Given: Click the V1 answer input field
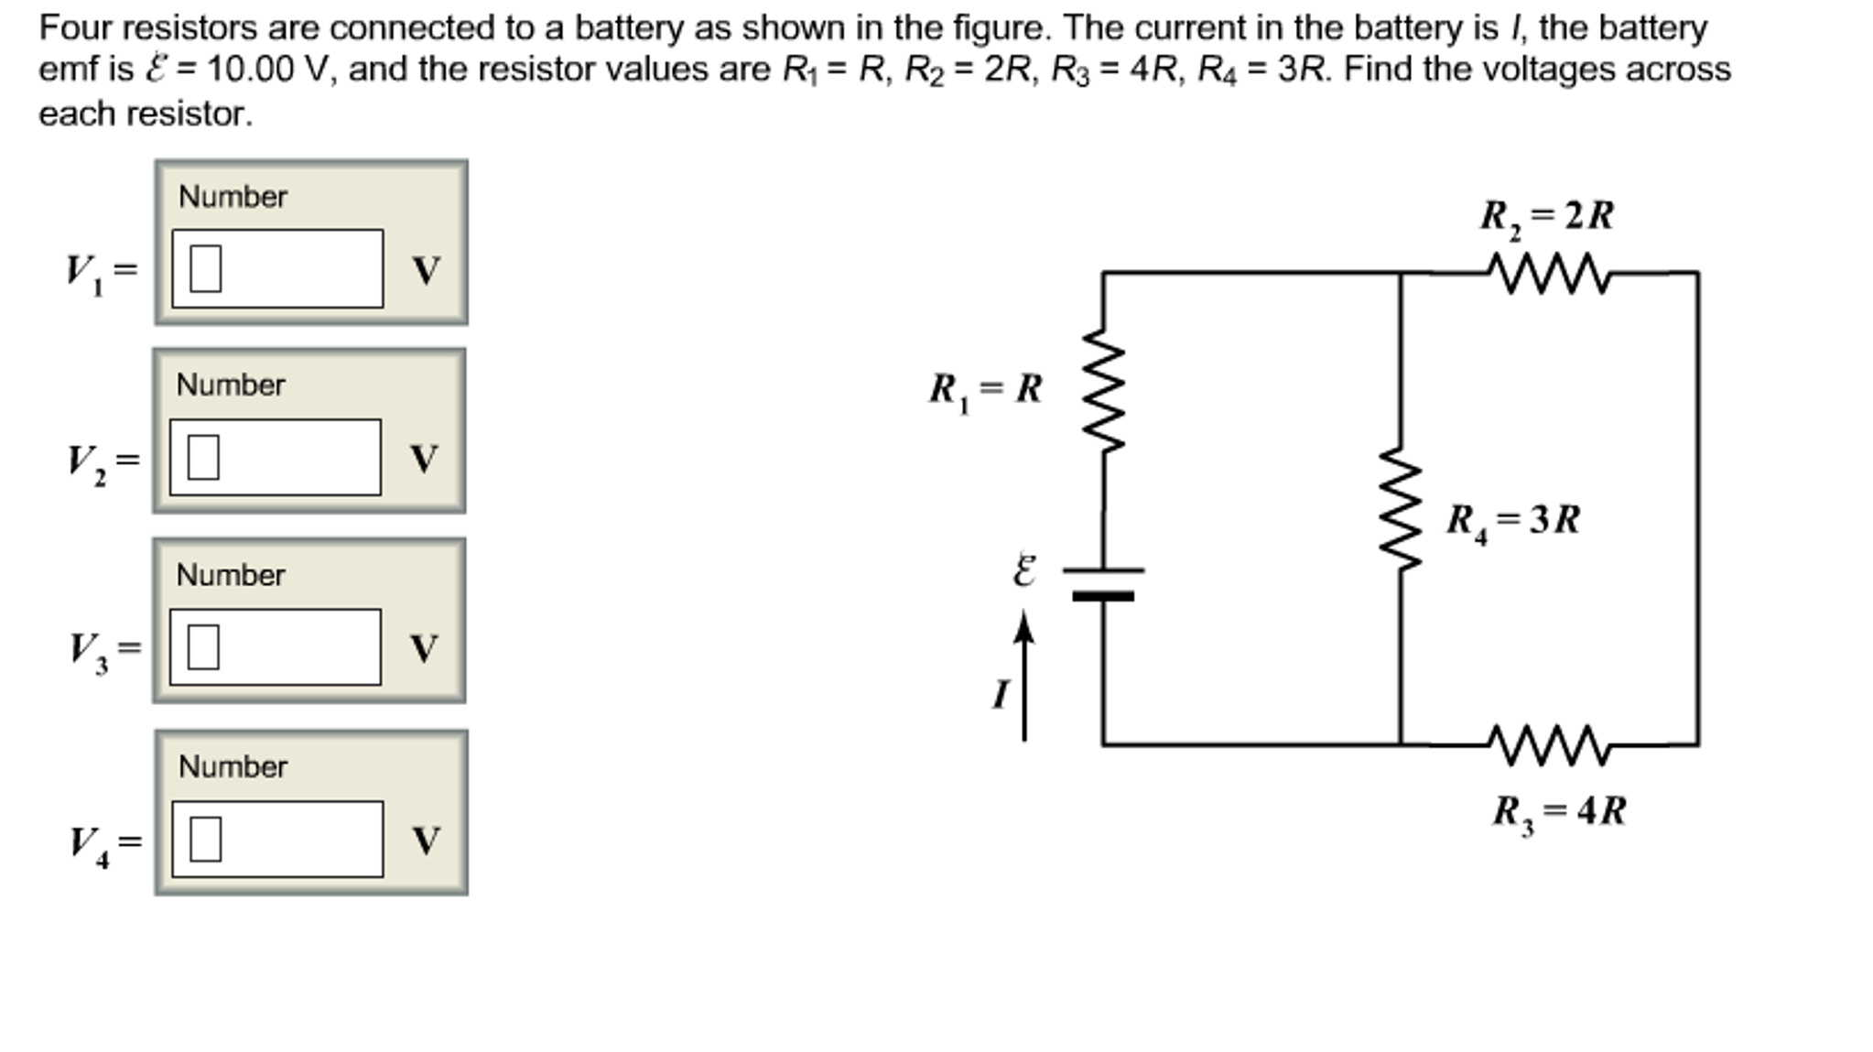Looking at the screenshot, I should click(x=277, y=268).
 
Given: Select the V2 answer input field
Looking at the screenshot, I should click(x=275, y=457).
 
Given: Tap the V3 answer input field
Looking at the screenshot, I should click(x=275, y=646).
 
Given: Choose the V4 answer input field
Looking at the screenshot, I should click(x=277, y=839).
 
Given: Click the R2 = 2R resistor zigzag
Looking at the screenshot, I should click(x=1548, y=273).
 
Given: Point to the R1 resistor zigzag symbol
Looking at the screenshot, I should click(x=1103, y=391).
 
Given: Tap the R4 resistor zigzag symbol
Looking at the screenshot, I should click(x=1401, y=508).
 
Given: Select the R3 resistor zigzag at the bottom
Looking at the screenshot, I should click(x=1548, y=745).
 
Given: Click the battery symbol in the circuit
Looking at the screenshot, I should click(x=1103, y=583).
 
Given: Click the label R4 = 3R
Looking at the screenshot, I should click(x=1512, y=520).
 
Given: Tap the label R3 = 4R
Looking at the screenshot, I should click(x=1558, y=812).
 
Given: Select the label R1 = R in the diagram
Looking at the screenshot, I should click(x=985, y=389).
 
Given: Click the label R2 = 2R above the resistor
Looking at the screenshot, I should click(x=1546, y=217).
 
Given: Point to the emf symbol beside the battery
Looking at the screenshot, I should click(x=1024, y=570).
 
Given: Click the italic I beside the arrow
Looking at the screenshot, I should click(x=1001, y=694).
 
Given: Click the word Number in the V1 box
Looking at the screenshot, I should click(x=233, y=196).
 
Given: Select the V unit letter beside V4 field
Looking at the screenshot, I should click(x=426, y=840).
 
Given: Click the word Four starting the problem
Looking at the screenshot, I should click(x=75, y=28).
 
